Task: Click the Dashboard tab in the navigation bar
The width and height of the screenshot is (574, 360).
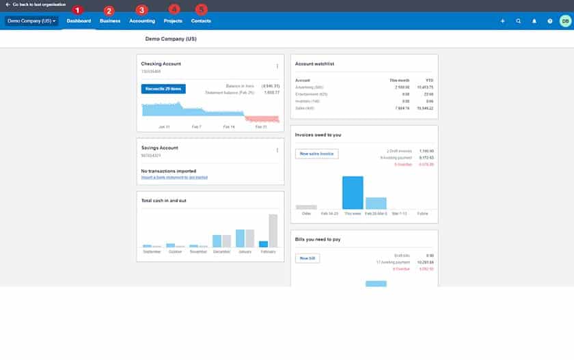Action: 79,21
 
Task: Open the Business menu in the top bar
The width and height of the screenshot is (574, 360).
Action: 110,21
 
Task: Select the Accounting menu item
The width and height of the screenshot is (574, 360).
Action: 142,21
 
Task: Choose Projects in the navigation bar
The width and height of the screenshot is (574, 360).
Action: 173,21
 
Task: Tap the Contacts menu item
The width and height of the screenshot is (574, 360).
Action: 201,21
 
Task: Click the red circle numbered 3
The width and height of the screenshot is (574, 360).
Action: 141,10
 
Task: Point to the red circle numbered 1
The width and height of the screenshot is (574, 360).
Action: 77,10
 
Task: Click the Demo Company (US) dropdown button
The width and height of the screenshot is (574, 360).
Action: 31,21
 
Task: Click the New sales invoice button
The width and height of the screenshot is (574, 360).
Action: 317,154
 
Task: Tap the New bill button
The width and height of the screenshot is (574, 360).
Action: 307,258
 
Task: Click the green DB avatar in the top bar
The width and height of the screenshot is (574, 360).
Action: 565,21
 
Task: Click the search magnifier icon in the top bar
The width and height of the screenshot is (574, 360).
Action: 519,21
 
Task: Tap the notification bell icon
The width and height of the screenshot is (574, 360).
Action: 534,21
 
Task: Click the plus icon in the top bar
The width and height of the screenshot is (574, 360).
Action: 503,21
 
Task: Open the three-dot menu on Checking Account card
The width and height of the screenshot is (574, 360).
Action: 277,66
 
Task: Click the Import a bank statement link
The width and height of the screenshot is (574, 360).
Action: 174,178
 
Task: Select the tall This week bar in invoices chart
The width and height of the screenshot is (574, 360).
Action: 353,193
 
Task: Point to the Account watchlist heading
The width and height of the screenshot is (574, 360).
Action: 314,64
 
